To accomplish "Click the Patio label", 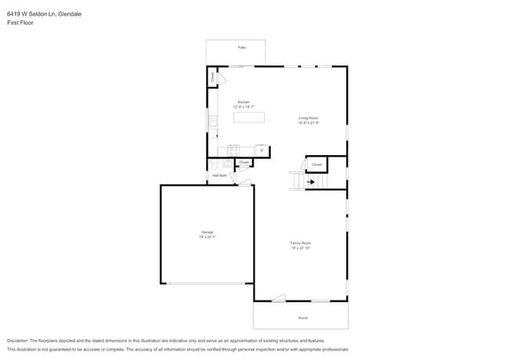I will pos(242,48).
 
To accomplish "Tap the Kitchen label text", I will pos(244,102).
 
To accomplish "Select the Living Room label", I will pos(308,118).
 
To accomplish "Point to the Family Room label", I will pos(301,243).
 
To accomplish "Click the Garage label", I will pos(208,232).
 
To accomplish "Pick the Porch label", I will pos(303,318).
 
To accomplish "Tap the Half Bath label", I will pos(219,175).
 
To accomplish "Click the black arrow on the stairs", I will pos(310,182).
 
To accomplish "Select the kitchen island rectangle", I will pos(249,117).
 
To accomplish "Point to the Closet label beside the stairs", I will pos(316,164).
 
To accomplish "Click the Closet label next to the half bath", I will pos(244,163).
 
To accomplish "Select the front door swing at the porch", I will pos(280,297).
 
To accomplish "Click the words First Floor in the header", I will pos(20,23).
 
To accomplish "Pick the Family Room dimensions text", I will pos(301,248).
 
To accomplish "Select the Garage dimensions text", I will pos(208,236).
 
